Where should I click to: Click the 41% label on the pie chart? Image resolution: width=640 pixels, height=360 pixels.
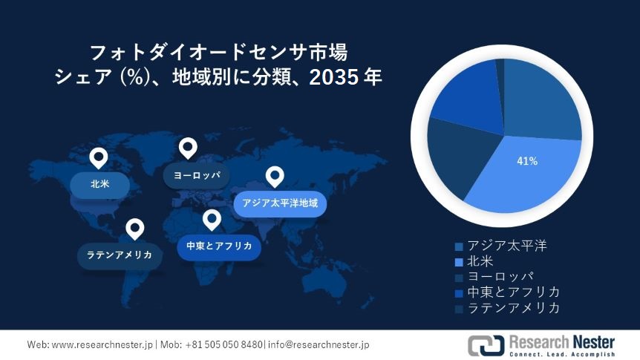[x=527, y=161]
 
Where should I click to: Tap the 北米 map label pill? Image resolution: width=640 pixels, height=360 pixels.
[x=100, y=185]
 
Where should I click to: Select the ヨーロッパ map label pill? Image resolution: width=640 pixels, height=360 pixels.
[x=196, y=175]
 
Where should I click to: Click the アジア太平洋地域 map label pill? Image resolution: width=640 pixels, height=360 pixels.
[x=280, y=203]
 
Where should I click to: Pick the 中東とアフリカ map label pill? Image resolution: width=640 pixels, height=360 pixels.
[x=219, y=246]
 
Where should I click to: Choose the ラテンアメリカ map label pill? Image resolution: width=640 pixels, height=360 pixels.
[x=120, y=256]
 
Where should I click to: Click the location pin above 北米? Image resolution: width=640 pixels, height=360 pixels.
[x=98, y=158]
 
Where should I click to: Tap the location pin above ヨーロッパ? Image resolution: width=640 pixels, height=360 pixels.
[x=188, y=148]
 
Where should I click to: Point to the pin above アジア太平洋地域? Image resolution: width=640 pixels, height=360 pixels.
[x=275, y=177]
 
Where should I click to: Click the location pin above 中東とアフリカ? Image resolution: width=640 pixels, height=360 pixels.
[x=212, y=220]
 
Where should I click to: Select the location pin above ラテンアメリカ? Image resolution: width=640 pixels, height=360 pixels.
[x=134, y=229]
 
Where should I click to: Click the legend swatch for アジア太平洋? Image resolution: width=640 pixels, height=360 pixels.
[x=459, y=246]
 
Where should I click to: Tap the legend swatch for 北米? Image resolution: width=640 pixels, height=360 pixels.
[x=459, y=262]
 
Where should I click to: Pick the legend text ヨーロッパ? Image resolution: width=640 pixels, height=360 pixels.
[x=501, y=277]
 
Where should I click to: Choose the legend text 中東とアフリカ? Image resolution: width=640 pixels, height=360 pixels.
[x=514, y=292]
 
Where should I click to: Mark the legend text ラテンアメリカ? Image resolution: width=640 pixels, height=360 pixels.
[x=514, y=308]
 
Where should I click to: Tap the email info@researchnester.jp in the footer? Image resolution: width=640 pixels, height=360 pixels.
[x=319, y=345]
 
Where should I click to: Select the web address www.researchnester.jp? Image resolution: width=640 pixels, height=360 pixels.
[x=102, y=345]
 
